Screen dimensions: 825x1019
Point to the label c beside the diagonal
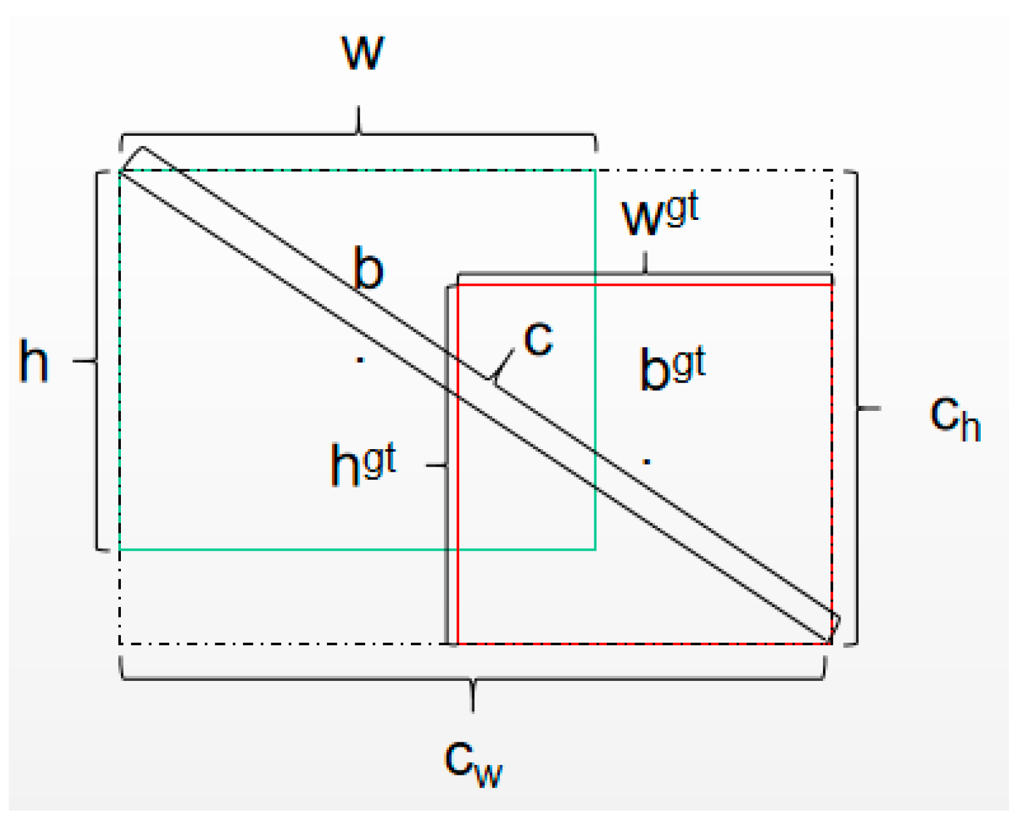pos(538,339)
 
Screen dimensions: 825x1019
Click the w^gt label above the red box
pos(659,215)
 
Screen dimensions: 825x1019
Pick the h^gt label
pos(363,464)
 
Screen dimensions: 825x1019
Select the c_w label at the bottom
pos(473,762)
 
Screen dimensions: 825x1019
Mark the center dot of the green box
pos(359,360)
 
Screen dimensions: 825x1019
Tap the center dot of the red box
pos(647,462)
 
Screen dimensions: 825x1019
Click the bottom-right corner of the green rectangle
pos(595,549)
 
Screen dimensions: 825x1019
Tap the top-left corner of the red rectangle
pos(458,285)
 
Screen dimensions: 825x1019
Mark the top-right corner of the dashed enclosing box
pos(832,170)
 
